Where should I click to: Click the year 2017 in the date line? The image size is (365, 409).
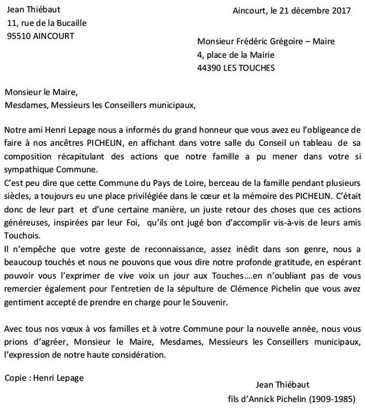tap(340, 10)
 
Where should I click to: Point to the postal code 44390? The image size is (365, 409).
tap(209, 68)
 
